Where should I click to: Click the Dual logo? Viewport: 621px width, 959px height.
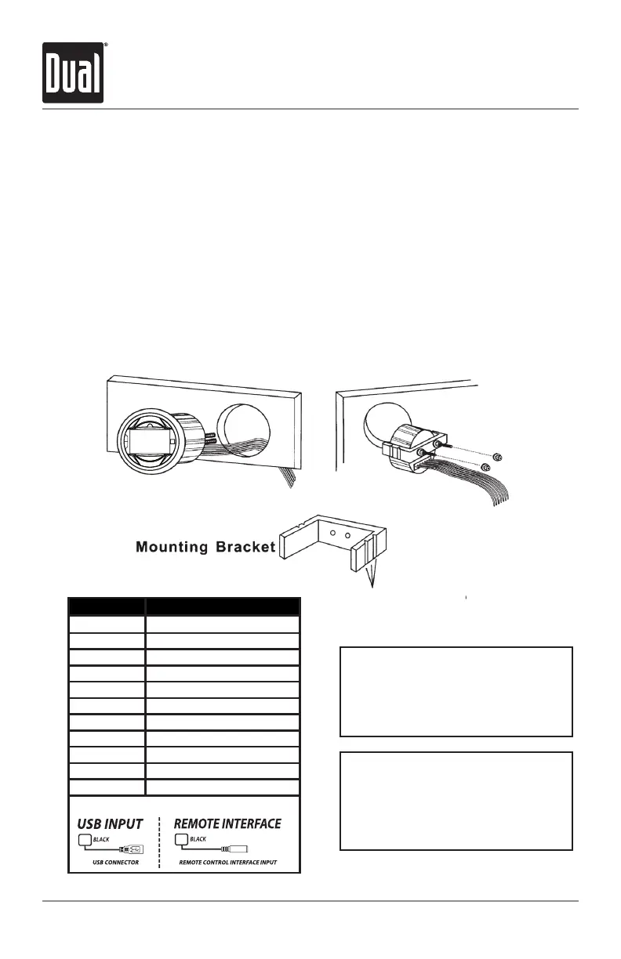point(74,73)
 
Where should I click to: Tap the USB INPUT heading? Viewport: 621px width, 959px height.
point(109,823)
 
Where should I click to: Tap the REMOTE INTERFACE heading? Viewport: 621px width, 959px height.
point(227,823)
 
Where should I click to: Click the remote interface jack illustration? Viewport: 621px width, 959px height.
point(235,849)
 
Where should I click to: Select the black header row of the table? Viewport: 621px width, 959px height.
point(183,606)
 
